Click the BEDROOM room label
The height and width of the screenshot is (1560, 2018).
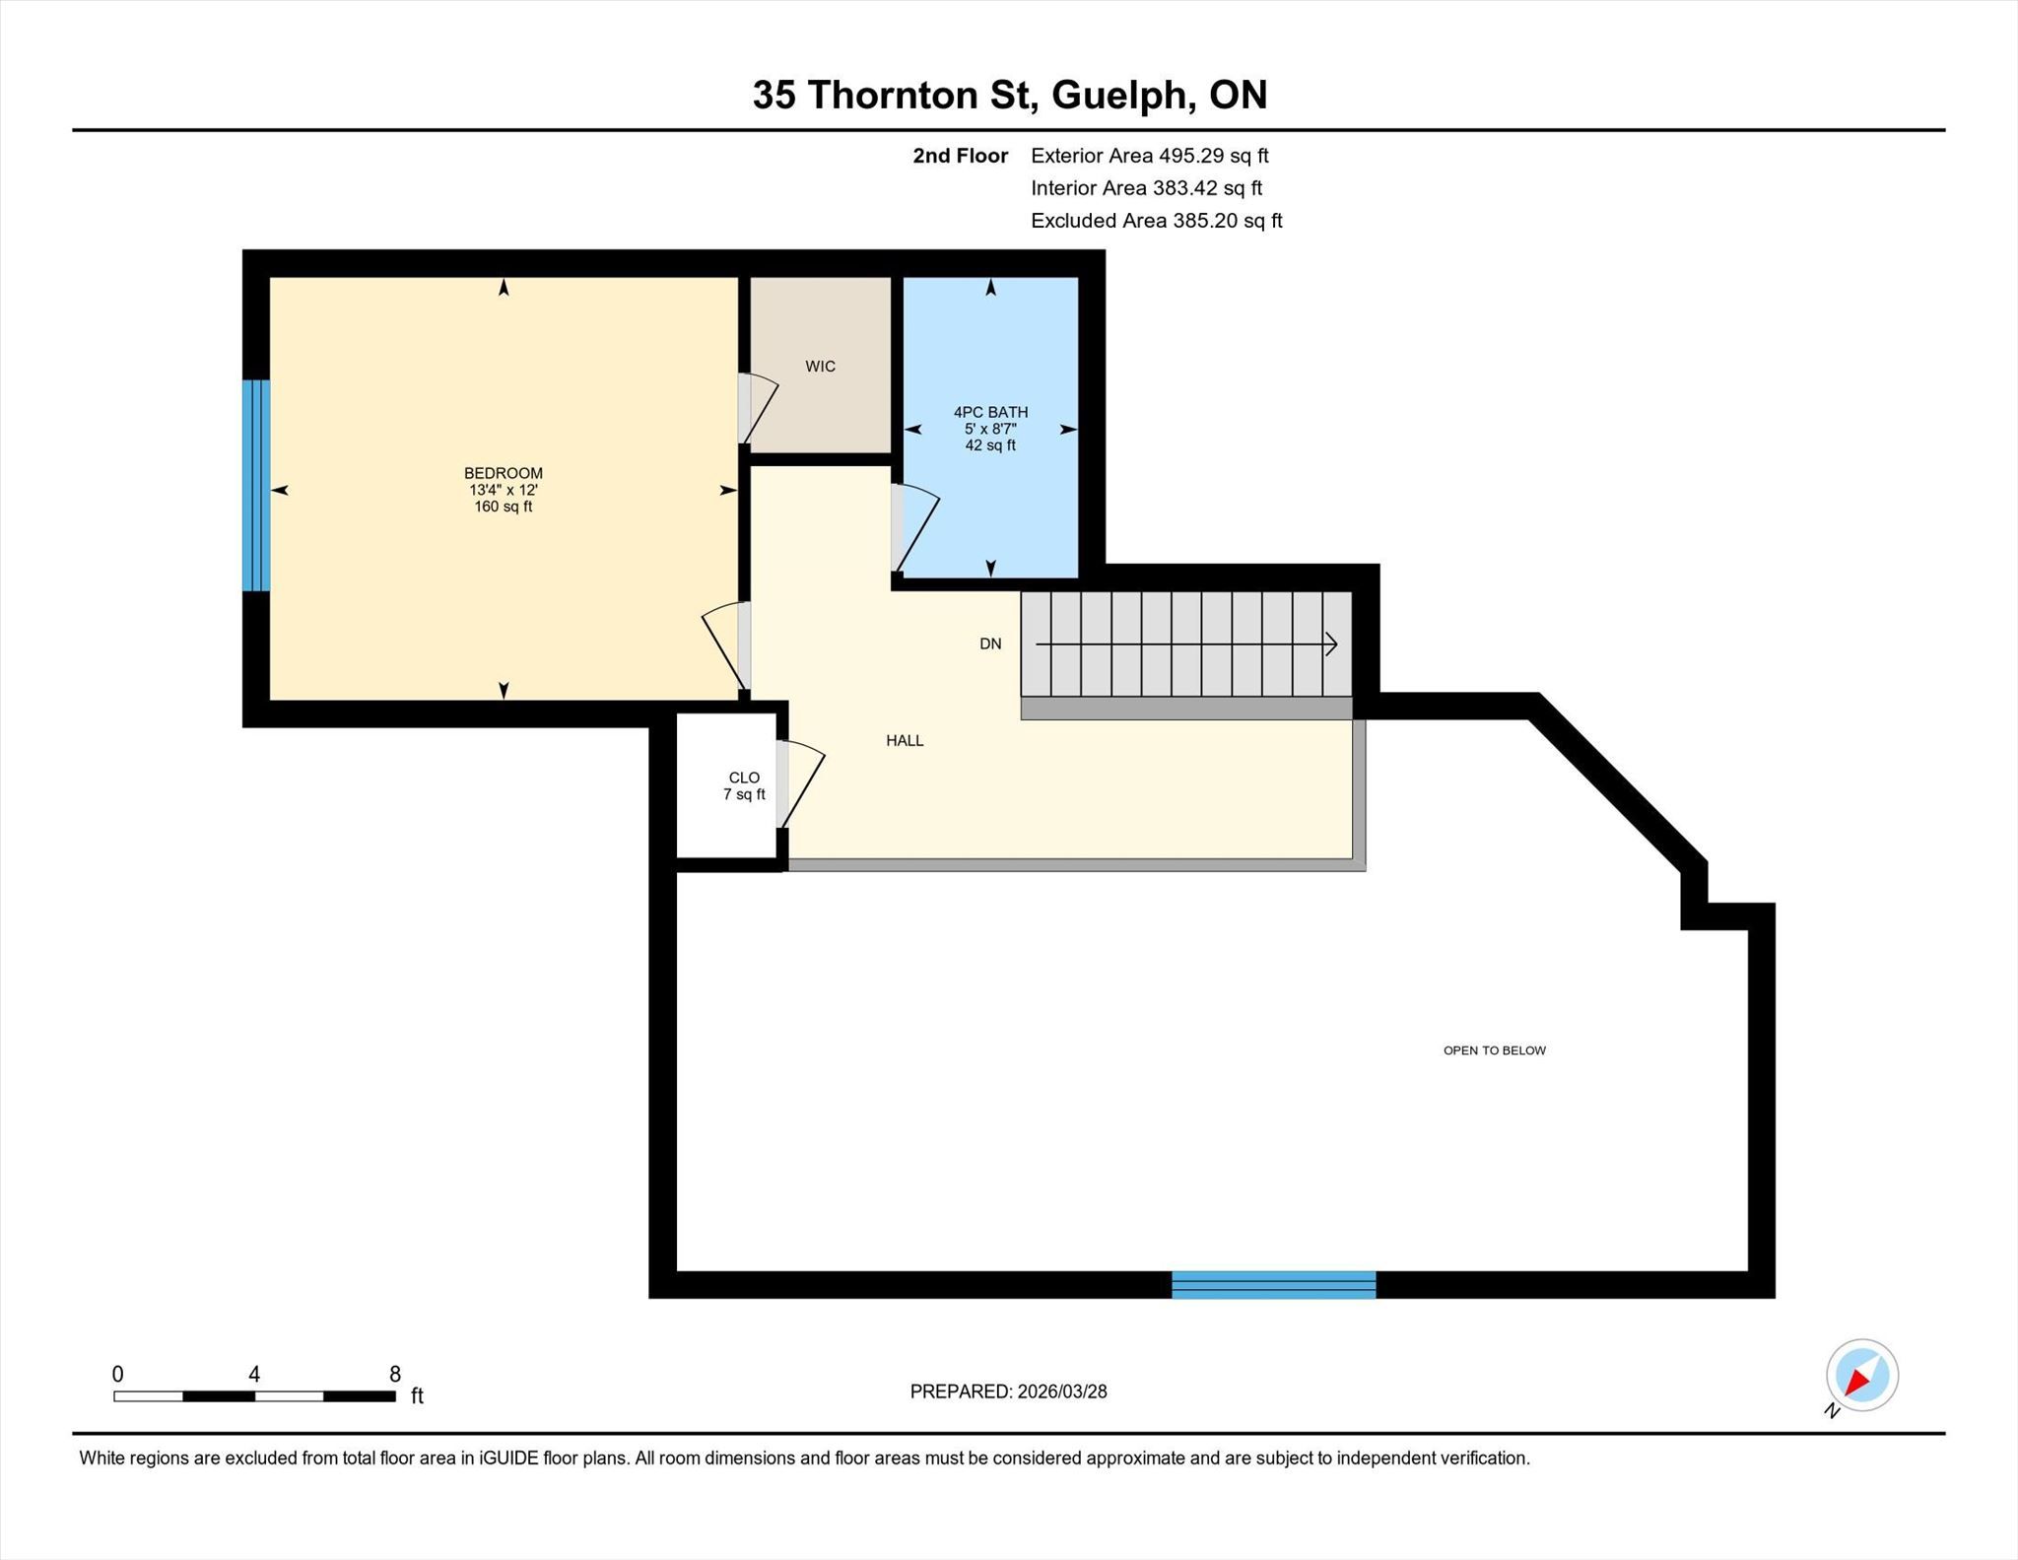[504, 473]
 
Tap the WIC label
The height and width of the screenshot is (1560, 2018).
[820, 367]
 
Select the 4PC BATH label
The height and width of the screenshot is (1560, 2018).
[990, 412]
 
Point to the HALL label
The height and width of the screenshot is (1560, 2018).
[905, 740]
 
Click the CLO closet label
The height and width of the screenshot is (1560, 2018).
[744, 778]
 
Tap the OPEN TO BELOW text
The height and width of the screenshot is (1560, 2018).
[1494, 1051]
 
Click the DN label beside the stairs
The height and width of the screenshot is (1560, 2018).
[990, 644]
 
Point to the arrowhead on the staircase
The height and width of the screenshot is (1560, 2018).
[1331, 644]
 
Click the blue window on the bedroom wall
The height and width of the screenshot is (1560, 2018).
[256, 485]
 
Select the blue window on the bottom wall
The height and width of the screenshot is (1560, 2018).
[1273, 1285]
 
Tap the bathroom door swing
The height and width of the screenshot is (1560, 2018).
[915, 529]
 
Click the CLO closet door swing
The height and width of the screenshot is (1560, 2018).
[800, 783]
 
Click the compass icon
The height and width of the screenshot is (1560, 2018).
[1861, 1376]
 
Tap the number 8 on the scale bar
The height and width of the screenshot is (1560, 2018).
[395, 1374]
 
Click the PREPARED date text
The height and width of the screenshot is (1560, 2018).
[1008, 1391]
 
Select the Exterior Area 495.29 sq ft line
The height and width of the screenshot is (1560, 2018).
[1149, 156]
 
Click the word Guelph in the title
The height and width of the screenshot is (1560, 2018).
[1117, 95]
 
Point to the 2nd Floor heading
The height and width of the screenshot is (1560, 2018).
[960, 156]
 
